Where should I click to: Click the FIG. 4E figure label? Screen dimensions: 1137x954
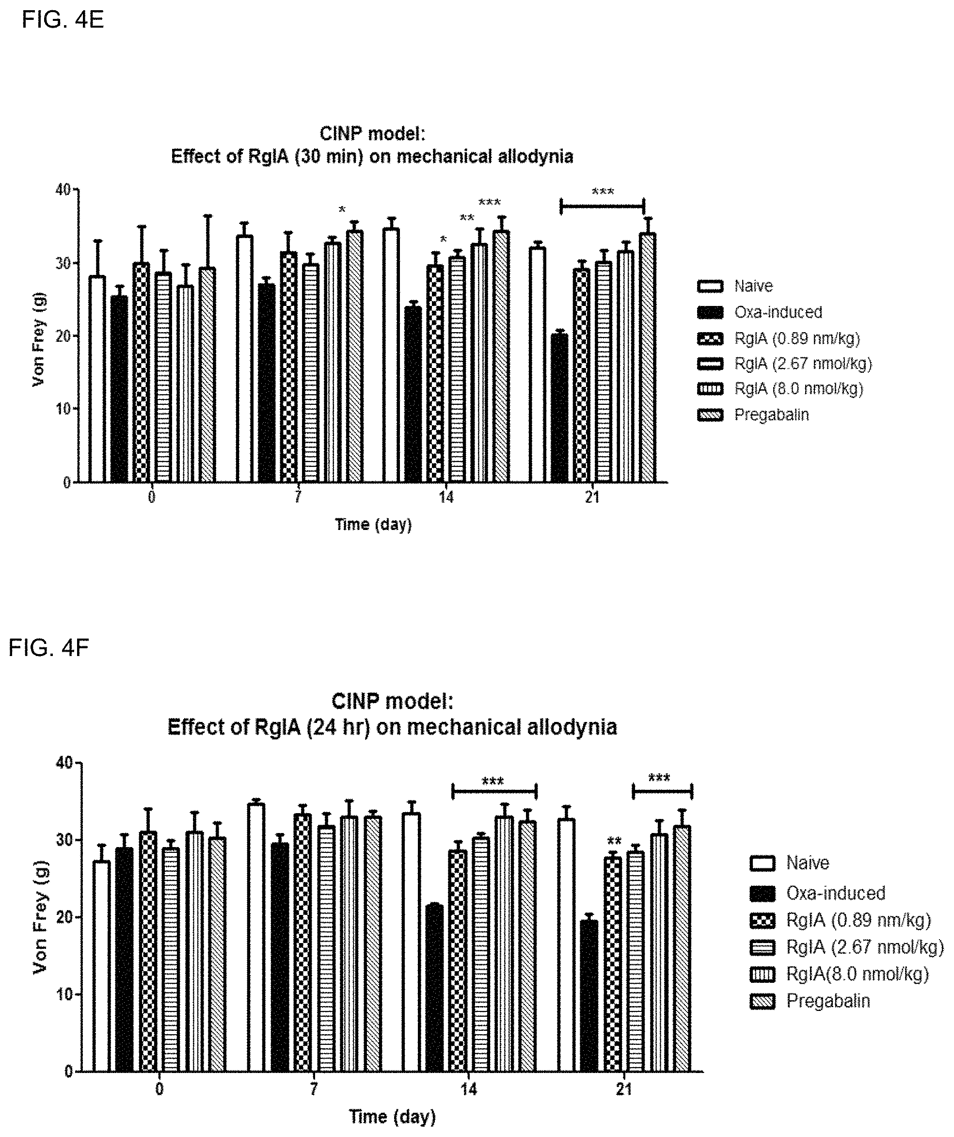point(63,20)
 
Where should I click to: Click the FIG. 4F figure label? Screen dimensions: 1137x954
point(49,648)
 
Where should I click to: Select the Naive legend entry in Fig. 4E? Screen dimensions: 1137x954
point(753,286)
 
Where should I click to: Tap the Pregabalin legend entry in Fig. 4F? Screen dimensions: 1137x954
point(827,1001)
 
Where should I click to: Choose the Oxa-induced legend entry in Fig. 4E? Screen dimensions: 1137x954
point(778,312)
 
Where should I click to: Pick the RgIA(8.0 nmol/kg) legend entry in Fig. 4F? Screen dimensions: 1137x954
point(857,974)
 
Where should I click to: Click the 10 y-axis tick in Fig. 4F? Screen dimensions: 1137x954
point(64,994)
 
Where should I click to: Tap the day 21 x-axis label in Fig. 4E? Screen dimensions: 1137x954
point(592,497)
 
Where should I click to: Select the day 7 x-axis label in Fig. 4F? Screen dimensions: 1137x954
point(314,1089)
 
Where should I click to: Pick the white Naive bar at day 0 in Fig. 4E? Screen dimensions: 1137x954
point(97,379)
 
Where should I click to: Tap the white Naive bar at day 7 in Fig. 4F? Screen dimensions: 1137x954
point(256,937)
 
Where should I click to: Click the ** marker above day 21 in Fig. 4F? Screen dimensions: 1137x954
point(614,841)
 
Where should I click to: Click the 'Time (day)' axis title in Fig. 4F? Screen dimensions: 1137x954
point(392,1117)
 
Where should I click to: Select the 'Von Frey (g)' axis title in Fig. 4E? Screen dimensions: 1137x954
point(38,339)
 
